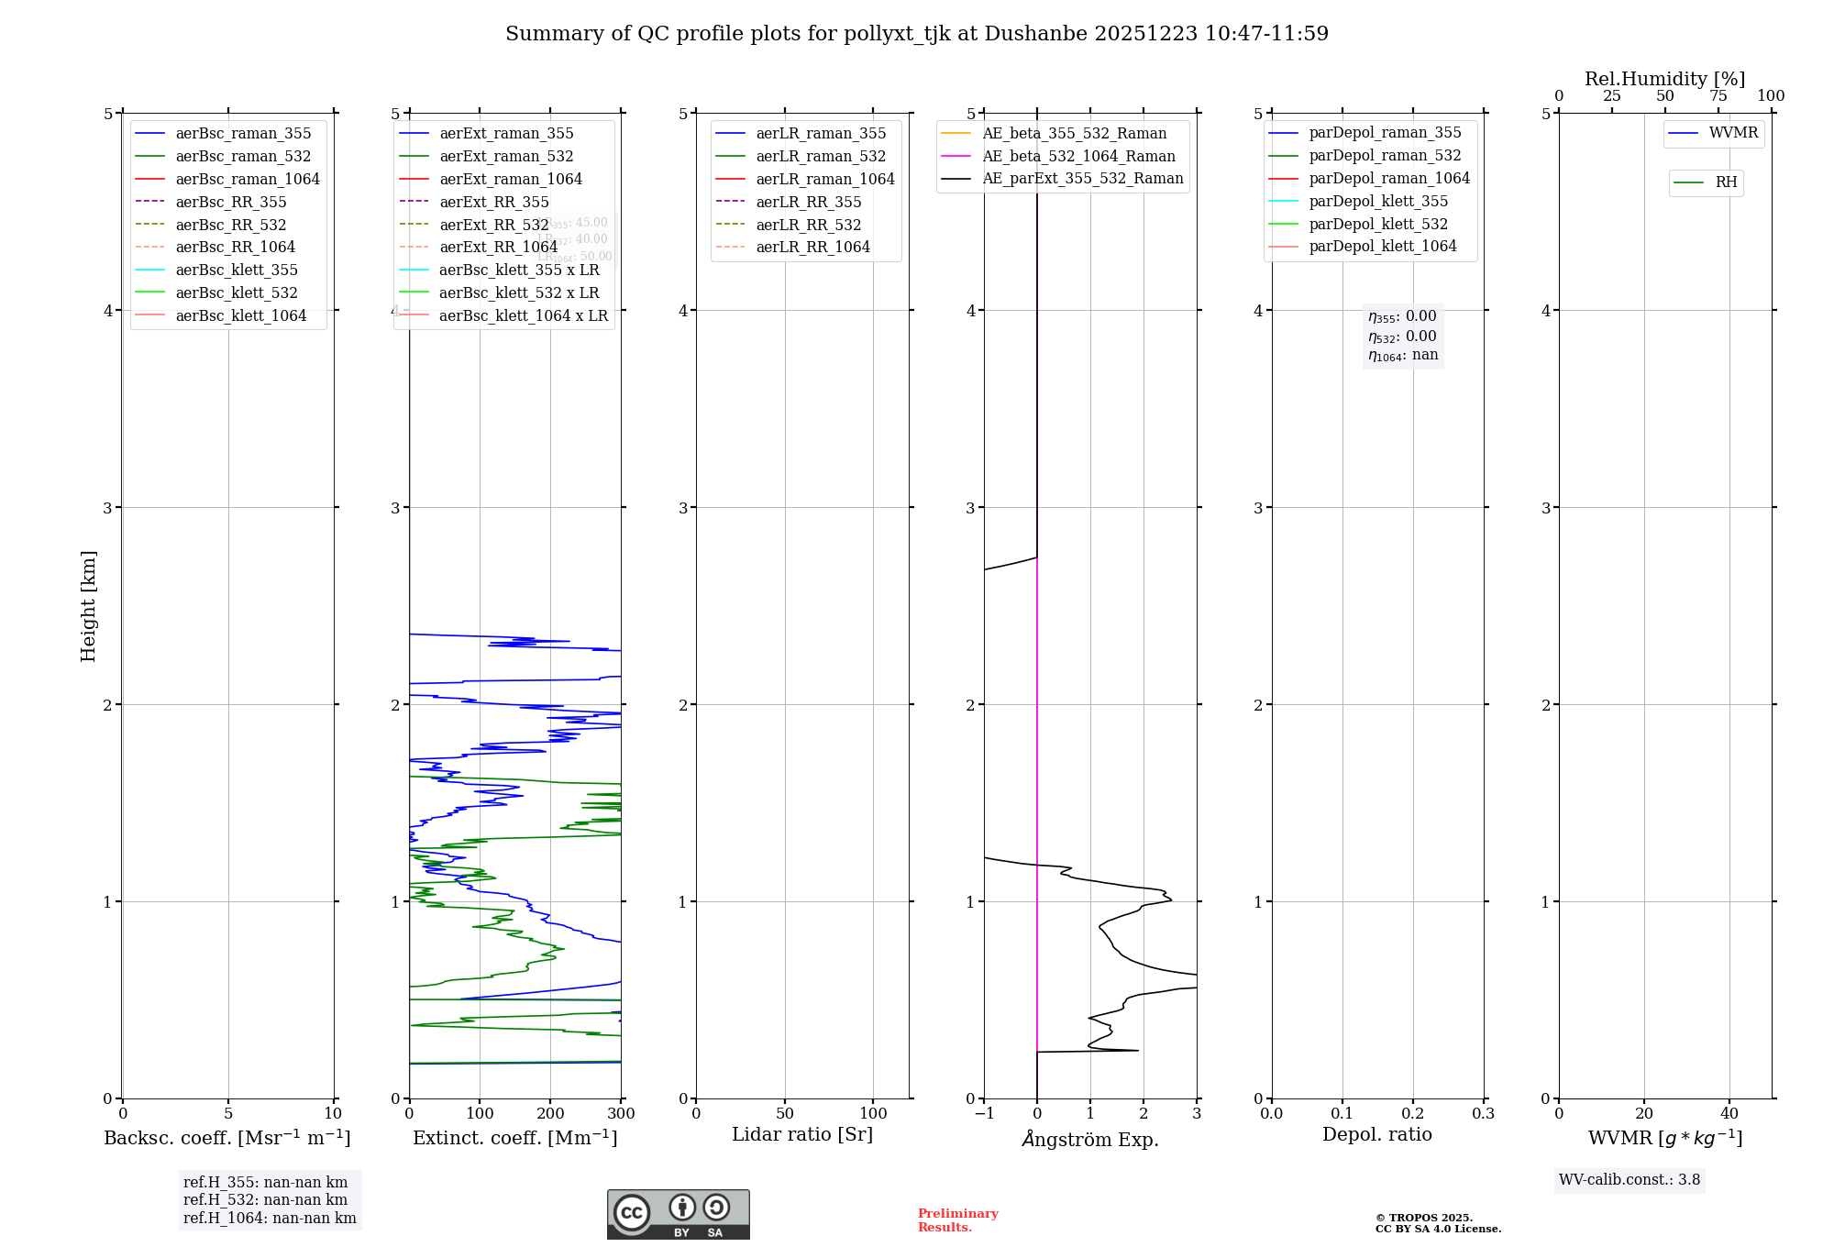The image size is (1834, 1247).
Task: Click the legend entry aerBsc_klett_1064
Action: point(240,315)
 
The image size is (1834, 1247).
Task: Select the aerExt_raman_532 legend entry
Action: point(506,156)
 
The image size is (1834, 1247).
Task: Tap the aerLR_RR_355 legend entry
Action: point(808,202)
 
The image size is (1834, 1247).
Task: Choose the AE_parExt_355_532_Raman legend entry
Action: point(1082,178)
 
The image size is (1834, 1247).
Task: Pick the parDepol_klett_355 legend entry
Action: point(1378,201)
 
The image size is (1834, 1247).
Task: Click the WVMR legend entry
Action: point(1733,133)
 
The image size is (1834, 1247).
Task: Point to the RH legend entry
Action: point(1726,182)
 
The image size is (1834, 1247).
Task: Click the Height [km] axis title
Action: point(88,605)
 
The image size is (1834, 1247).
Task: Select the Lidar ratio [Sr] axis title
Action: point(802,1134)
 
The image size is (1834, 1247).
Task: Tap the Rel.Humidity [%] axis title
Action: point(1664,79)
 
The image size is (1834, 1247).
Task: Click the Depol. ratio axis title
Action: point(1376,1134)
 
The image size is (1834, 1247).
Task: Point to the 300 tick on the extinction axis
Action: point(622,1114)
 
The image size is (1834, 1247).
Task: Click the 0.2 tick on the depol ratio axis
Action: point(1413,1114)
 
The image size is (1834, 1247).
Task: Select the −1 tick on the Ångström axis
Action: point(984,1114)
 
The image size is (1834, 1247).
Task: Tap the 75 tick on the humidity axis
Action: point(1718,96)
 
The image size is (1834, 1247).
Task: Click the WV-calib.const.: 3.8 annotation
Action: point(1629,1180)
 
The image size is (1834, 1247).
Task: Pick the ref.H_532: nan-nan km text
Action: point(265,1199)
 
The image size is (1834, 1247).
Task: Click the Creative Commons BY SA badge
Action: point(678,1214)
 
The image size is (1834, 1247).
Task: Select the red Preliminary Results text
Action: point(957,1220)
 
